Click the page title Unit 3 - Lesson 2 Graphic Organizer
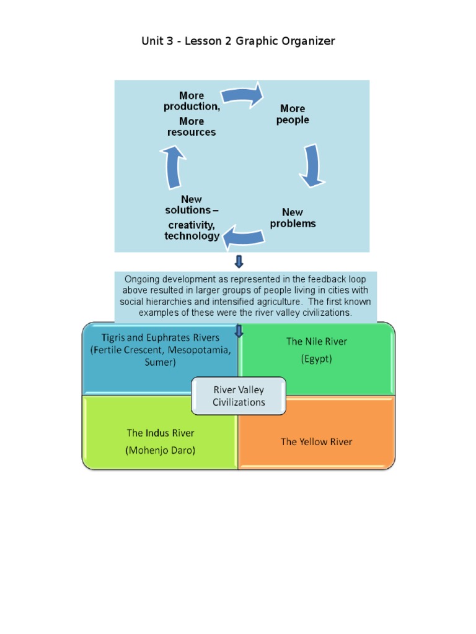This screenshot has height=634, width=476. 238,41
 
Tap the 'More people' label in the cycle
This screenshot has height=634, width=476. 293,114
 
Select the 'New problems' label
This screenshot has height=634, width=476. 293,218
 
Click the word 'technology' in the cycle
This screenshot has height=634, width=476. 192,236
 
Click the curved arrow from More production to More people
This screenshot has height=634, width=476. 243,95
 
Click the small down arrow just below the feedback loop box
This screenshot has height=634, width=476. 239,261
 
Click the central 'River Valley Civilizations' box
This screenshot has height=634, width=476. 239,396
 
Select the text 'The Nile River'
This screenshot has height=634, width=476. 316,341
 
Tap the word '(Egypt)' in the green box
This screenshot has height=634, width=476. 316,358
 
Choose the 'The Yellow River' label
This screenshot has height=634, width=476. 316,441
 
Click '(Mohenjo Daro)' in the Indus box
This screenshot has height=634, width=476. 161,450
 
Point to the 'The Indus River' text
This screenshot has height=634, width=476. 161,433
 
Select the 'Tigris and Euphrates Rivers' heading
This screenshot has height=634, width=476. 161,337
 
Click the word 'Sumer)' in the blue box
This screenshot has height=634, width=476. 161,362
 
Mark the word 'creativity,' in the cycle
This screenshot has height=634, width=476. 192,224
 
